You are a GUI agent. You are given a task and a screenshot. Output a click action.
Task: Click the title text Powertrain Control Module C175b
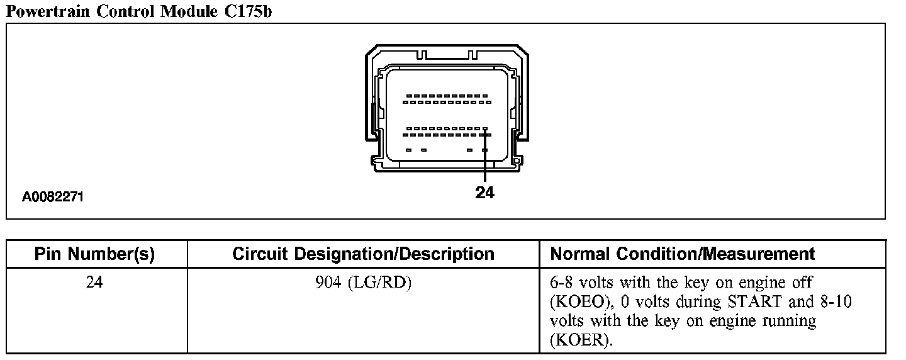[139, 11]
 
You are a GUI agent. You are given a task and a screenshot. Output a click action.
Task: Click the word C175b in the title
[249, 11]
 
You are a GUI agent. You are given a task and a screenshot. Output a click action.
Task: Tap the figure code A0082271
[53, 197]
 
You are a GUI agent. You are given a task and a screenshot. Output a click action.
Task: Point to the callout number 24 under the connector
[484, 193]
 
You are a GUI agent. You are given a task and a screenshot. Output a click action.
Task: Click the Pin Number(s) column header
[94, 254]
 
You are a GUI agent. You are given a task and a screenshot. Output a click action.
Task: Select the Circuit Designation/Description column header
[363, 254]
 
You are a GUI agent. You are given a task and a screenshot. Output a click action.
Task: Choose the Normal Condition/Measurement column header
[683, 254]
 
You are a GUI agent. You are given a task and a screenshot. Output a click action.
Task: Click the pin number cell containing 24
[94, 283]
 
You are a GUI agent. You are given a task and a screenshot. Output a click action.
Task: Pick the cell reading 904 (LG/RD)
[363, 283]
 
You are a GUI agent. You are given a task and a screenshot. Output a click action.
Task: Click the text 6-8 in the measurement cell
[562, 283]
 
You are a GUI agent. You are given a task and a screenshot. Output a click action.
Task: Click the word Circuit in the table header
[258, 254]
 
